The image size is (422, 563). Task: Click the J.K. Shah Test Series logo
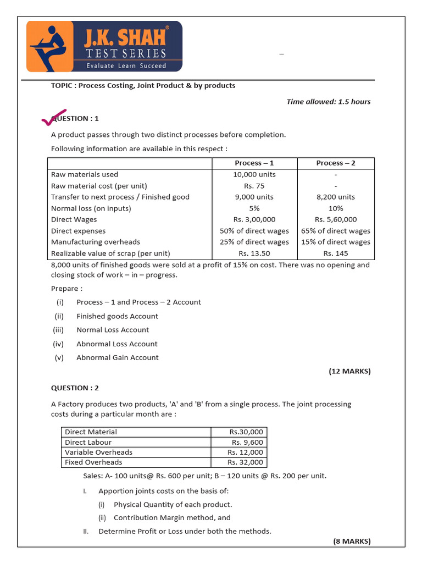[104, 46]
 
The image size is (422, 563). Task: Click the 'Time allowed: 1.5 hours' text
[328, 102]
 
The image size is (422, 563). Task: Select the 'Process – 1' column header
[254, 163]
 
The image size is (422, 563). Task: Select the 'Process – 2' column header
[336, 163]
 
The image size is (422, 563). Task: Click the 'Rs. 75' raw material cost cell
[254, 186]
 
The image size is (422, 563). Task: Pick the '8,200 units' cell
[336, 197]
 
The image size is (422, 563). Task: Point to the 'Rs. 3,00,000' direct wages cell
[254, 219]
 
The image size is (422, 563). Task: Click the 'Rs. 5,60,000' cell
[336, 219]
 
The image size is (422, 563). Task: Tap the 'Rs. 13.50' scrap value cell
[254, 253]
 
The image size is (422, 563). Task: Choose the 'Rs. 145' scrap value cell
[336, 253]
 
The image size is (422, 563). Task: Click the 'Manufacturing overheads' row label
[95, 242]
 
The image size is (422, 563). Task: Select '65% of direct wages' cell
[336, 231]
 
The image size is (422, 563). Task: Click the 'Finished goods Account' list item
[117, 316]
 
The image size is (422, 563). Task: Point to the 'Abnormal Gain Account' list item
[117, 357]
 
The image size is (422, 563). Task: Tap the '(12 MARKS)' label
[349, 372]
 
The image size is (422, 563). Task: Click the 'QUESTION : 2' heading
[75, 388]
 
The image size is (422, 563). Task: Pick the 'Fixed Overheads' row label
[93, 462]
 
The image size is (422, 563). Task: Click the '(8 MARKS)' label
[352, 542]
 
